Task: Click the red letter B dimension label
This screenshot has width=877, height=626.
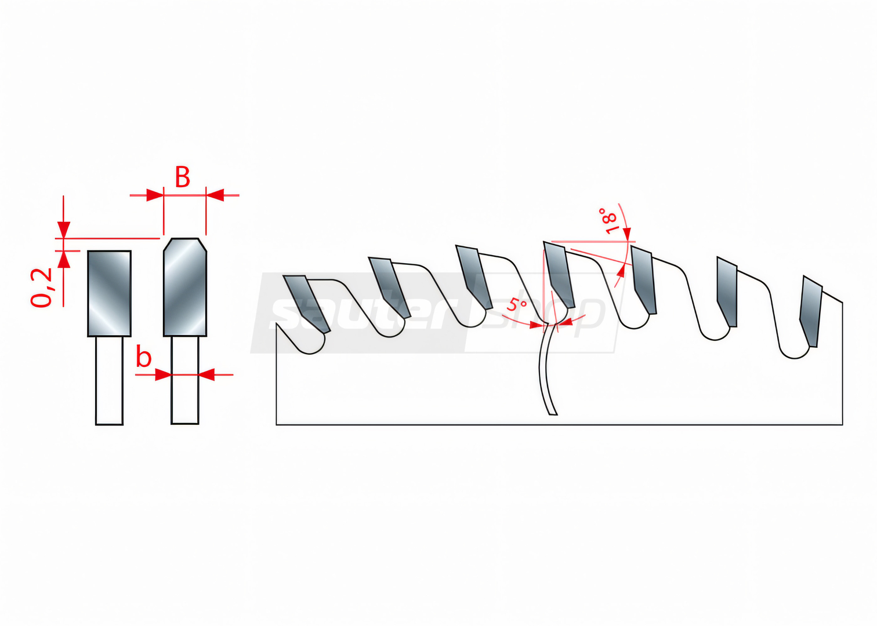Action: (x=182, y=177)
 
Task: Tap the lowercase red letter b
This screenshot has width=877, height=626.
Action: (x=143, y=358)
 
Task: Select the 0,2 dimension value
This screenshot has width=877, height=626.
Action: (x=41, y=287)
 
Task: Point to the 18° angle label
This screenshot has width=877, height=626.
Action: (x=608, y=221)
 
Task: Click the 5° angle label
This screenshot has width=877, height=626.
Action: (x=516, y=304)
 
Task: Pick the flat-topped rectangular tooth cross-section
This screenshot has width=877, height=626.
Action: (x=109, y=293)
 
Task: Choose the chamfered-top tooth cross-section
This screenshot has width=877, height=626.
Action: (x=185, y=287)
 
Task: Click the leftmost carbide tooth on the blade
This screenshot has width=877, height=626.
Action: (x=307, y=304)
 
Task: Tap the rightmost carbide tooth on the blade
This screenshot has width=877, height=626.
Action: (x=810, y=311)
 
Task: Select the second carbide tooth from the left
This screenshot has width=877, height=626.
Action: (x=389, y=287)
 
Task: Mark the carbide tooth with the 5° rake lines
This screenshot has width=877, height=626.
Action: (x=559, y=275)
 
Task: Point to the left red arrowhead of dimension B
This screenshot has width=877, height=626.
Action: (x=155, y=195)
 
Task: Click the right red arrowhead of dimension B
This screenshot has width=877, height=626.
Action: (x=215, y=195)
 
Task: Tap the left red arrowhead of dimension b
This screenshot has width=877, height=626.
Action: (x=163, y=375)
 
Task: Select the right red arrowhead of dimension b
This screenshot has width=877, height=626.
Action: (x=206, y=375)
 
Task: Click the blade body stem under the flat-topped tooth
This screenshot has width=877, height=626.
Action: (x=109, y=380)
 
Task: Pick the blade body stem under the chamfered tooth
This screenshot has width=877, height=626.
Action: (x=185, y=380)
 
